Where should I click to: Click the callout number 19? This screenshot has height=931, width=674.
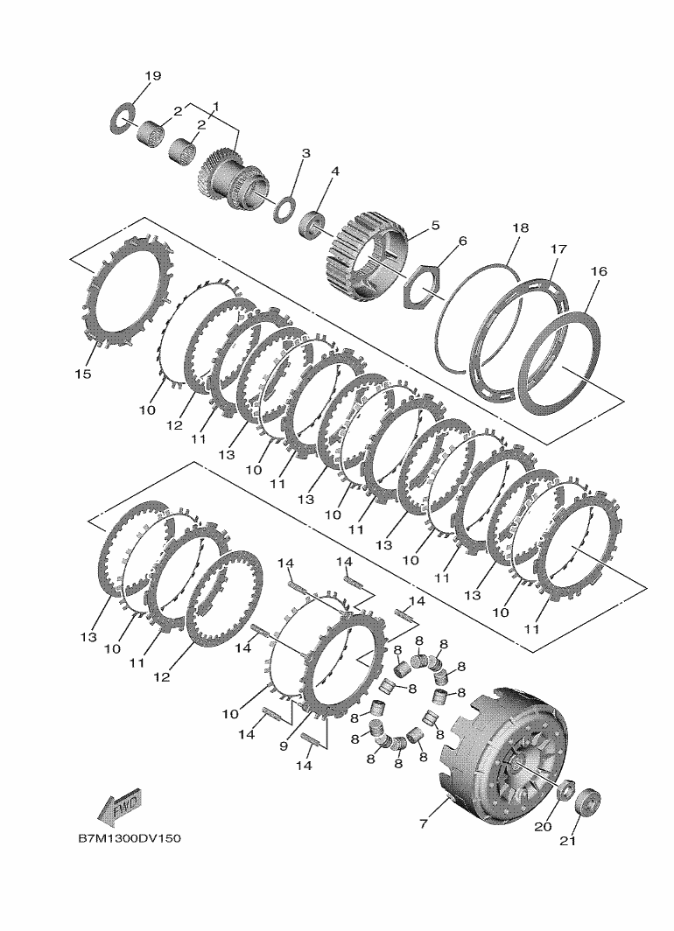(152, 76)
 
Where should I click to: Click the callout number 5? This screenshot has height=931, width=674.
(435, 226)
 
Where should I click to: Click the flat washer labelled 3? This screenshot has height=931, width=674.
(285, 208)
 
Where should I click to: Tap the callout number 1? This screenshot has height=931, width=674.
(216, 107)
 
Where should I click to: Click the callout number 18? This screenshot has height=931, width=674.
(520, 228)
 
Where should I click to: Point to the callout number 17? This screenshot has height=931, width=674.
(558, 248)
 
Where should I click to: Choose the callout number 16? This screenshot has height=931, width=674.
(599, 271)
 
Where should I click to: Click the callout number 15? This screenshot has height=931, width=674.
(83, 374)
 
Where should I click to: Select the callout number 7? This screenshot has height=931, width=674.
(424, 824)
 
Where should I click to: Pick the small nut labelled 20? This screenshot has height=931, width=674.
(566, 789)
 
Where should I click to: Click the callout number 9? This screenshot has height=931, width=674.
(284, 745)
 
